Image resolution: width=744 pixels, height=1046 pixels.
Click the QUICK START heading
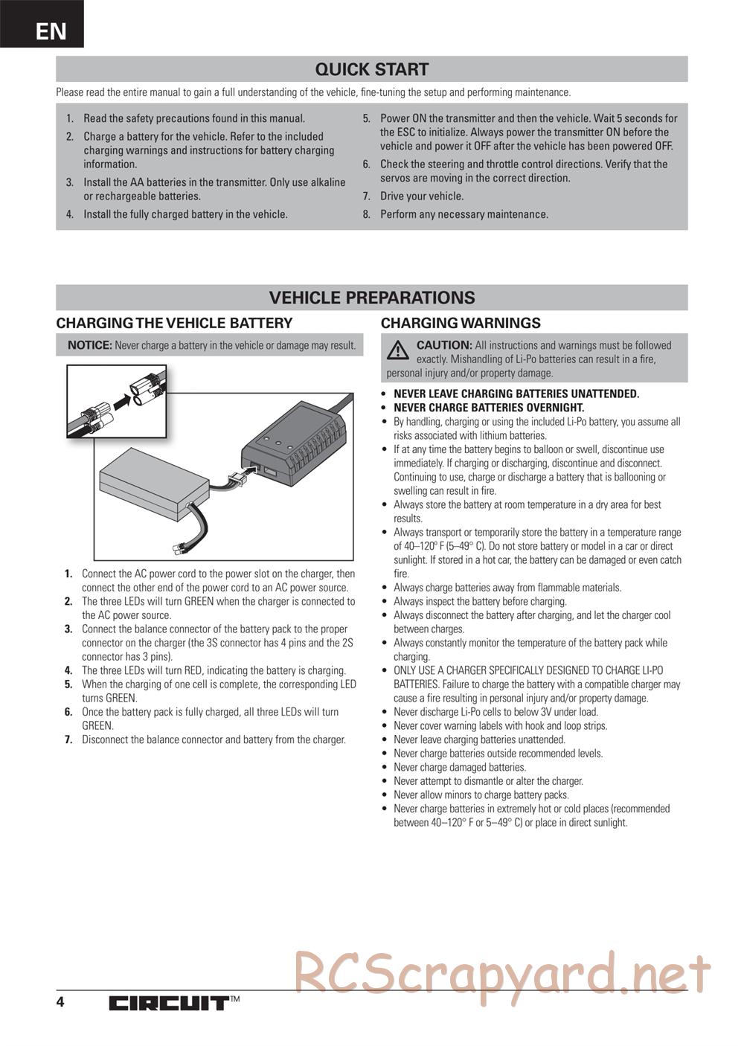[x=371, y=69]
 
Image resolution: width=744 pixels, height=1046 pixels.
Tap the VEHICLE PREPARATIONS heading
[x=371, y=298]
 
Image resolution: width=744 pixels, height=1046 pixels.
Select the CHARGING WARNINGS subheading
[x=461, y=323]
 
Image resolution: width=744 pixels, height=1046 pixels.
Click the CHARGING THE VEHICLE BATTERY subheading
[x=174, y=323]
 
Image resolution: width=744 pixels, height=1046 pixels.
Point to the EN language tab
[x=50, y=31]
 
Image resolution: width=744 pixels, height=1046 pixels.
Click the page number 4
[x=60, y=1002]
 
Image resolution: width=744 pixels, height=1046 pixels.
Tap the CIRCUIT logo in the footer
[x=168, y=1003]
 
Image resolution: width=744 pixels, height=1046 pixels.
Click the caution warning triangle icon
[x=398, y=349]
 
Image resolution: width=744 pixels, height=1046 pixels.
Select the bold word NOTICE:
[x=89, y=345]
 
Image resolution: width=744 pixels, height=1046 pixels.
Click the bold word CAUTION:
[x=444, y=345]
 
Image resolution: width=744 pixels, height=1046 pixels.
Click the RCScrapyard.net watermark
[x=502, y=972]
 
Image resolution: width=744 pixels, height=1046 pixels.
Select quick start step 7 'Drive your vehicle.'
[x=422, y=196]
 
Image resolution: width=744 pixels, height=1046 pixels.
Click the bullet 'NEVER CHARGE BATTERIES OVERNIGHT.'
[x=489, y=408]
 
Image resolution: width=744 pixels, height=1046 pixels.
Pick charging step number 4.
[x=68, y=670]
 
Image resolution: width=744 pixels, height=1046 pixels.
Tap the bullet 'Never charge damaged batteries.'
[x=459, y=767]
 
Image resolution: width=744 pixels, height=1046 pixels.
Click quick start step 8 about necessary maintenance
[x=464, y=214]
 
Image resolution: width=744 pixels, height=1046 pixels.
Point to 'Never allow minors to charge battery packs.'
[x=481, y=795]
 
